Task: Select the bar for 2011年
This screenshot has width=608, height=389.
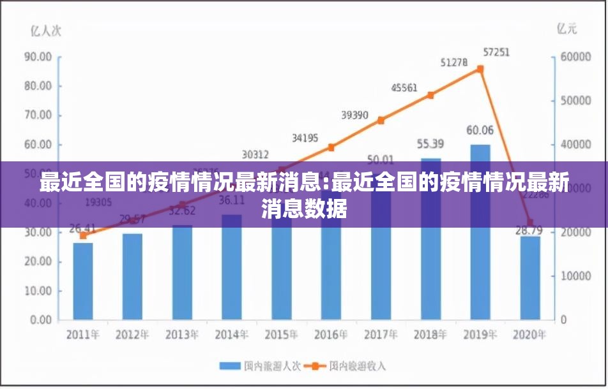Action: point(82,281)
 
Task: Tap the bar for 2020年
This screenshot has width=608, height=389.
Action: point(530,277)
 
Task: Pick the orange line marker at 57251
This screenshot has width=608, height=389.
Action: point(480,69)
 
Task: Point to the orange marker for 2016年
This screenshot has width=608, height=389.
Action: point(331,147)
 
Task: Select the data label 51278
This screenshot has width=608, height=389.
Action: point(454,62)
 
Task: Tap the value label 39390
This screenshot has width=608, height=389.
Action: point(354,115)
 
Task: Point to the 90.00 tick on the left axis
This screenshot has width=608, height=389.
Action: point(38,57)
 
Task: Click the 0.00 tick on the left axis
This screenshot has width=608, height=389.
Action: point(40,320)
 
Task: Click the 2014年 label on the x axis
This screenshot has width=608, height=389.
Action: point(232,335)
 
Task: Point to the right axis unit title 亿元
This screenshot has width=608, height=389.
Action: point(566,28)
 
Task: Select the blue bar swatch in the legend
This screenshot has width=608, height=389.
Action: point(229,366)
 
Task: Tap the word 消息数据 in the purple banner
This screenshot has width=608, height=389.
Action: point(304,209)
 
